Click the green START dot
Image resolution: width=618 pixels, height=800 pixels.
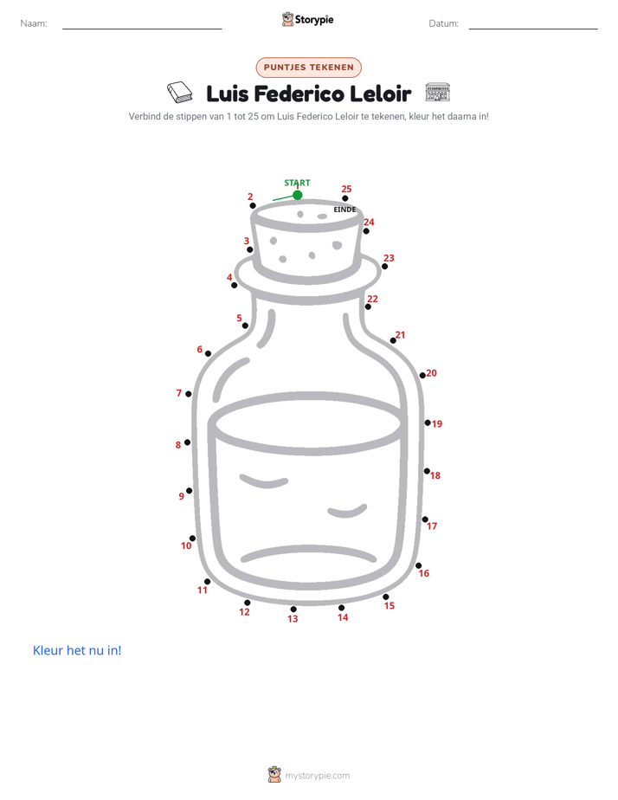point(297,195)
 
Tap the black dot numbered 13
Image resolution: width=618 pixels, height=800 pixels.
point(293,610)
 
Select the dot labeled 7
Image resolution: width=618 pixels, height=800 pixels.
point(189,394)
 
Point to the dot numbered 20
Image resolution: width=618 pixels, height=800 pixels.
point(422,376)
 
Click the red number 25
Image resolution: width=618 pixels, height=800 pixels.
point(346,189)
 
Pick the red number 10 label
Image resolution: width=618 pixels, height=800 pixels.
point(186,545)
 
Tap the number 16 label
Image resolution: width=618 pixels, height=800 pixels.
point(424,573)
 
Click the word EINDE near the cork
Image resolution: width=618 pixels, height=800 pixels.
point(344,210)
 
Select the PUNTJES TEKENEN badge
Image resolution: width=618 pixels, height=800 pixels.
point(308,68)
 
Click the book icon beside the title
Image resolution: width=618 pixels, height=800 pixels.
point(179,93)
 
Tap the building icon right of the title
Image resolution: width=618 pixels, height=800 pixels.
point(437,92)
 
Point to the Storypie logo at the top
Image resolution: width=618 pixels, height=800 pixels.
point(307,19)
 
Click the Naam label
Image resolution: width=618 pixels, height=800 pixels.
point(34,23)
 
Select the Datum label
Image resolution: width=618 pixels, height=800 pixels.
point(443,23)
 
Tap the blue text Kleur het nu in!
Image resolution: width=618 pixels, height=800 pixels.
point(77,650)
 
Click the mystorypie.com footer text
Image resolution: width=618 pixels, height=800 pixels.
point(317,776)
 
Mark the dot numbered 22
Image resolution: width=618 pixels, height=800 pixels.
point(368,306)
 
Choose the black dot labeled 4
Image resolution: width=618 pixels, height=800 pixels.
point(234,285)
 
